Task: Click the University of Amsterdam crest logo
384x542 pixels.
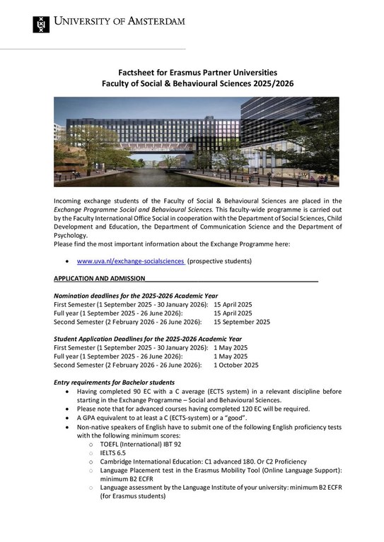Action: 42,24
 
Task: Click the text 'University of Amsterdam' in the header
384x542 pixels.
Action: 120,21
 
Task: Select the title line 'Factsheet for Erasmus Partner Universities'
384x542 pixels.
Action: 197,72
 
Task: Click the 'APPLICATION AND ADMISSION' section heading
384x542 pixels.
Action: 100,279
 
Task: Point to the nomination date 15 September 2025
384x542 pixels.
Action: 242,321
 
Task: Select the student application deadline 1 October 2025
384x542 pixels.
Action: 235,365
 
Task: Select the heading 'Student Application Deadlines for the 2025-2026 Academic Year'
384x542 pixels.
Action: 148,339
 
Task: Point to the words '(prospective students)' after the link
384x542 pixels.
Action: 219,261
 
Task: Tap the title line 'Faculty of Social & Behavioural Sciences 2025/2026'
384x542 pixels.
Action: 197,83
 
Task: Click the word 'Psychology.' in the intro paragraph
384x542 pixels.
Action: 71,235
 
